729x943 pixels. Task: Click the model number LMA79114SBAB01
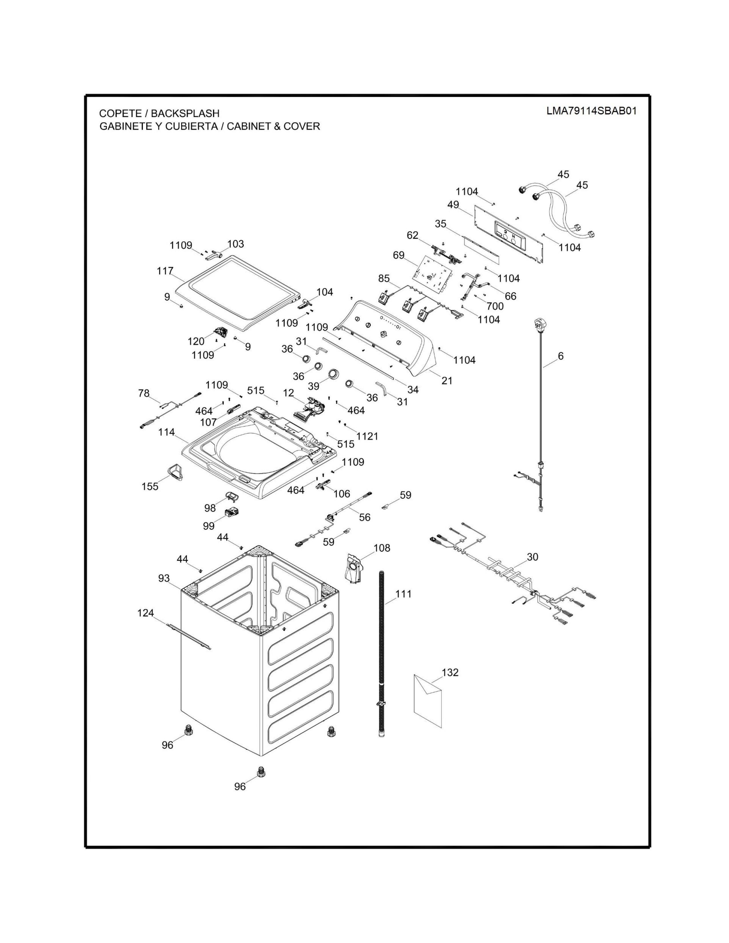pos(591,111)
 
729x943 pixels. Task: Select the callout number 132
pos(450,672)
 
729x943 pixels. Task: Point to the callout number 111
pos(403,594)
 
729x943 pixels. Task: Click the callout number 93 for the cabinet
pos(164,578)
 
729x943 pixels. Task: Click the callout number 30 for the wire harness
pos(533,557)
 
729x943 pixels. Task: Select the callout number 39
pos(314,385)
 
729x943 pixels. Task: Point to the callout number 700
pos(495,306)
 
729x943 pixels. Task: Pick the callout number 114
pos(166,432)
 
